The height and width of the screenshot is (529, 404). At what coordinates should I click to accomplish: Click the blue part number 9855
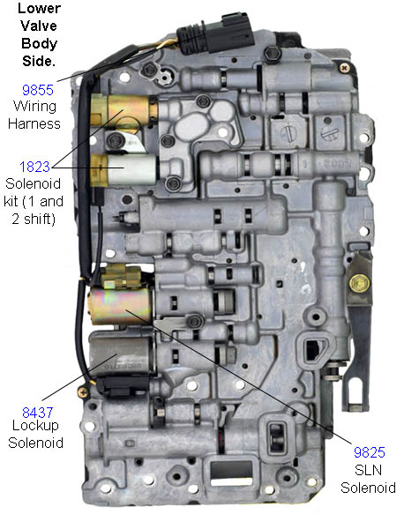pos(37,90)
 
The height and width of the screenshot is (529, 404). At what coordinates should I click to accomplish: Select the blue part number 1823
pos(34,167)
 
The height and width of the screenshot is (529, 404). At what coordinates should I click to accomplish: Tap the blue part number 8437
pos(37,413)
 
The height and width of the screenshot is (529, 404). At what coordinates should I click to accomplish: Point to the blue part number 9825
pos(370,452)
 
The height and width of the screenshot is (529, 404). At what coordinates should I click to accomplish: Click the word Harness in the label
pos(34,123)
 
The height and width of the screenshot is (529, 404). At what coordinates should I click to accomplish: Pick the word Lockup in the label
pos(35,426)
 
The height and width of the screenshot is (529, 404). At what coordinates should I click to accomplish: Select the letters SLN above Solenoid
pos(368,470)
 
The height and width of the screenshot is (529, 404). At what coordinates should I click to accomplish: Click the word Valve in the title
pos(39,26)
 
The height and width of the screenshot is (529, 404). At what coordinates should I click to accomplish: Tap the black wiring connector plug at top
pos(215,34)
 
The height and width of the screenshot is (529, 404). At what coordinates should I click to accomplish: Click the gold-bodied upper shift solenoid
pos(123,109)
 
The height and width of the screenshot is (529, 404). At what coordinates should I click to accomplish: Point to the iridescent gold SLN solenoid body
pos(120,305)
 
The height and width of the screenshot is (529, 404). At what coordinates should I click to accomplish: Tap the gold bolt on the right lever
pos(358,283)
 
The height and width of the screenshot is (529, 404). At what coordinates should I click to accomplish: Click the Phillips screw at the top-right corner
pos(344,68)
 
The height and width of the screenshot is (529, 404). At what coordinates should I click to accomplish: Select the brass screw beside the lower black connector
pos(83,392)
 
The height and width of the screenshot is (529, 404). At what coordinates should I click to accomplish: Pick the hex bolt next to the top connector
pos(273,53)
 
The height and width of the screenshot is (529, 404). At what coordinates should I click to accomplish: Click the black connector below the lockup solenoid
pos(123,387)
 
